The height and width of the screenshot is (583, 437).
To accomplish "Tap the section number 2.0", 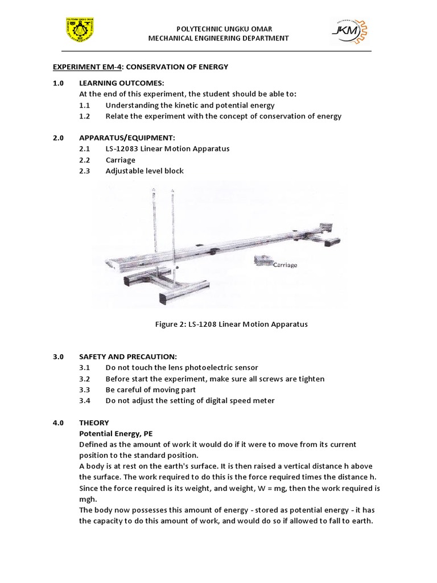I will tap(58, 138).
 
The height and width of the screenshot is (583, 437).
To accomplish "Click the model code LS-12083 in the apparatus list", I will tap(126, 149).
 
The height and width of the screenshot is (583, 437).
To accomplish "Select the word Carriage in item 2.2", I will tap(120, 160).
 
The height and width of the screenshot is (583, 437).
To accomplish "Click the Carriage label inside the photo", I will tap(285, 265).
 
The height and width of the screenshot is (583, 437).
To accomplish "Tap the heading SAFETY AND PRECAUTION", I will tap(129, 356).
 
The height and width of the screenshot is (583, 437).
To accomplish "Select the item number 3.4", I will tap(85, 400).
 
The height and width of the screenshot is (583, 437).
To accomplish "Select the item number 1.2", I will tap(85, 116).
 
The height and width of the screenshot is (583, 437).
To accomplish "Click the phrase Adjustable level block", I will tap(145, 171).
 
